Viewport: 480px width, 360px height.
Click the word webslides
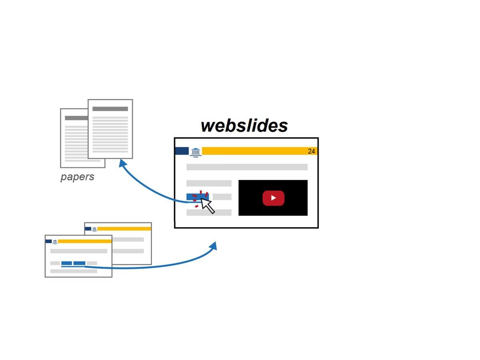[x=244, y=126]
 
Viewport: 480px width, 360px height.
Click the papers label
[x=77, y=177]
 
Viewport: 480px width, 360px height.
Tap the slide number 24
[x=311, y=151]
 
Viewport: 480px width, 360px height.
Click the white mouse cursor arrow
[x=207, y=205]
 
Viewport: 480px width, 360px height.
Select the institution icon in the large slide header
[x=196, y=152]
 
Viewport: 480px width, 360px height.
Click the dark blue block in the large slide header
[x=182, y=151]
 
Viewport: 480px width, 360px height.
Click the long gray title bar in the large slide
[x=247, y=167]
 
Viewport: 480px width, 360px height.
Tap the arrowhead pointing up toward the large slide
[x=214, y=245]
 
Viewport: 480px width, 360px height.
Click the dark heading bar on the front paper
[x=110, y=109]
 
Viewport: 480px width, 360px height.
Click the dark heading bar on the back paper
[x=76, y=118]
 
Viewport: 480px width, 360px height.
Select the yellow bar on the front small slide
[x=84, y=241]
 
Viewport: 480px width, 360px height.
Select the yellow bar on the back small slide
[x=124, y=229]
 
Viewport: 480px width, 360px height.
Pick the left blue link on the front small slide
[x=66, y=263]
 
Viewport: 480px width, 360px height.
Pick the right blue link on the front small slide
[x=79, y=263]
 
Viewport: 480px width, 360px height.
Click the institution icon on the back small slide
[x=94, y=229]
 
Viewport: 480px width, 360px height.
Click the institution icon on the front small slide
[x=55, y=242]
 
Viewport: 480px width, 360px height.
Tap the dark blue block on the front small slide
[x=48, y=241]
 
